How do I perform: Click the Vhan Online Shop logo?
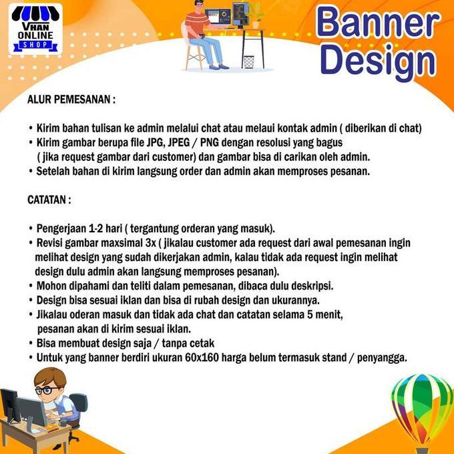pyautogui.click(x=36, y=29)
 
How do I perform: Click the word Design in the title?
pyautogui.click(x=377, y=61)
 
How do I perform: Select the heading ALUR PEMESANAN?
pyautogui.click(x=71, y=99)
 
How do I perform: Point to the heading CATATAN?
pyautogui.click(x=49, y=199)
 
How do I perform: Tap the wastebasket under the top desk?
pyautogui.click(x=248, y=61)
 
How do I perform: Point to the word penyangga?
pyautogui.click(x=381, y=357)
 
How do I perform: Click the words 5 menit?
pyautogui.click(x=330, y=314)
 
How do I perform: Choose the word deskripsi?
pyautogui.click(x=310, y=285)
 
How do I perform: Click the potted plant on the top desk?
pyautogui.click(x=255, y=17)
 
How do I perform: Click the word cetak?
pyautogui.click(x=200, y=343)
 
